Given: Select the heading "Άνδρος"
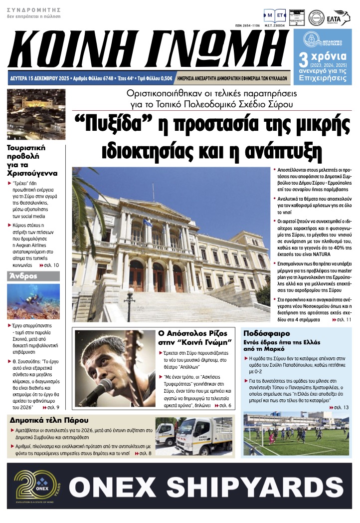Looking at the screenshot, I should click(22, 275).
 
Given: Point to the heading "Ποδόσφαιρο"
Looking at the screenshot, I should click(264, 333).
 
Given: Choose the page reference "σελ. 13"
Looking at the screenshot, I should click(341, 408).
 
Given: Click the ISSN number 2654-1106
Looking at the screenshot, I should click(247, 26).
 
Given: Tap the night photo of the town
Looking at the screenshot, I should click(36, 114).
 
